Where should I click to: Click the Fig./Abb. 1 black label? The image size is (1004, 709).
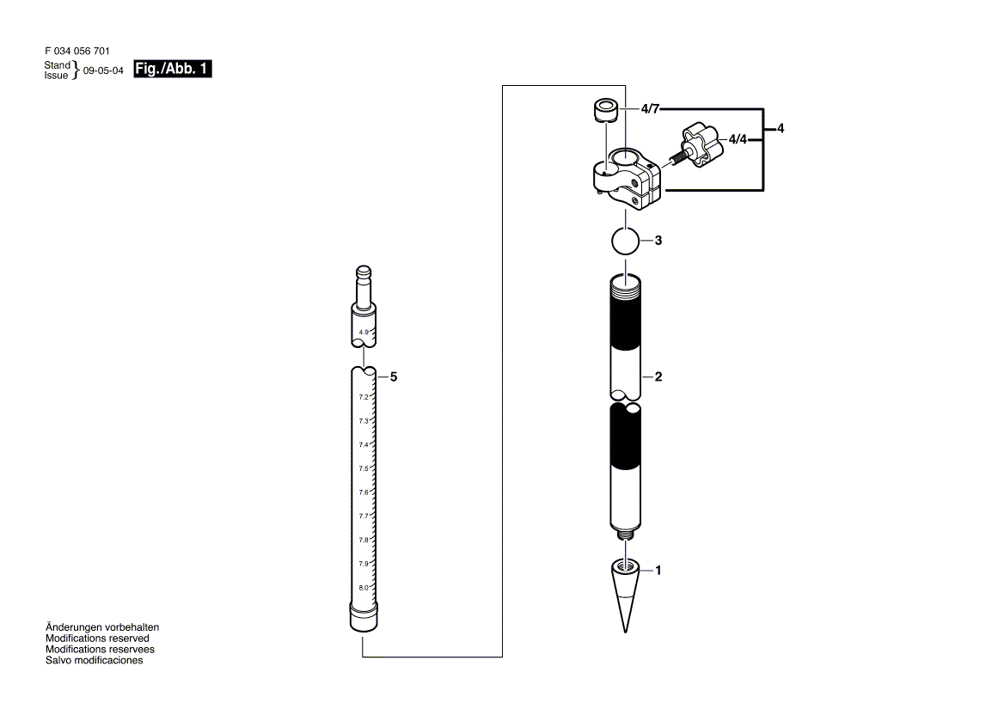(173, 70)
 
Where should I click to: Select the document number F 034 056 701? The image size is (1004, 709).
(77, 52)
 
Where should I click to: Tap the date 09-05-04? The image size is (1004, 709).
(103, 71)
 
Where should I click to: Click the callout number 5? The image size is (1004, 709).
(394, 376)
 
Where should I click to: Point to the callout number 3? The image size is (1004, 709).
(658, 241)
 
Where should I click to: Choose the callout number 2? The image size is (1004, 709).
(658, 376)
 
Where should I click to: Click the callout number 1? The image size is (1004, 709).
(658, 570)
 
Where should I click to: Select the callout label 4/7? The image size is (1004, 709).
(650, 109)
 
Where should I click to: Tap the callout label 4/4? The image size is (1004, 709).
(738, 138)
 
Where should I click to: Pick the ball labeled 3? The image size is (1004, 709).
(626, 241)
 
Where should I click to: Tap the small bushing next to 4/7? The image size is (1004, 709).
(606, 111)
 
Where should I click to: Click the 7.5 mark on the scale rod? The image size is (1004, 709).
(364, 468)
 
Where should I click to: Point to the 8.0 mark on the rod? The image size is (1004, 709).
(364, 587)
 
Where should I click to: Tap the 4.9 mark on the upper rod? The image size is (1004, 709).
(364, 332)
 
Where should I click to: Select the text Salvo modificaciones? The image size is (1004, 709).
(94, 661)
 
